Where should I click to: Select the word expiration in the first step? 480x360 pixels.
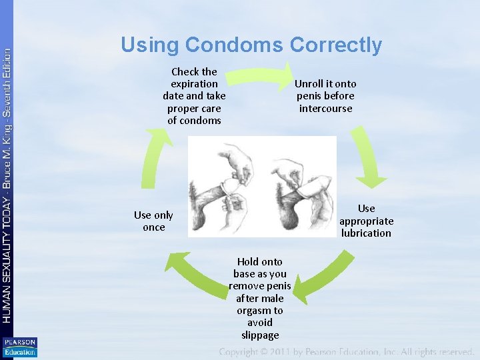tap(194, 84)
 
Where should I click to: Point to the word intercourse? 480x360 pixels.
tap(325, 108)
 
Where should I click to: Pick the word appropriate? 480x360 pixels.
tap(366, 221)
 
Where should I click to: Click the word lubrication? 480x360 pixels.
tap(366, 233)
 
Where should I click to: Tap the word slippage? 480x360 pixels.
tap(260, 335)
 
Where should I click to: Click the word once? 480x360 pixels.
tap(153, 227)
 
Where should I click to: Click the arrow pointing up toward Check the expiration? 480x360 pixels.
tap(157, 157)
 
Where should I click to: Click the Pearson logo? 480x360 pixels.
tap(19, 347)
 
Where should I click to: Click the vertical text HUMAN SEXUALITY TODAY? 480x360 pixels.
tap(7, 260)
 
